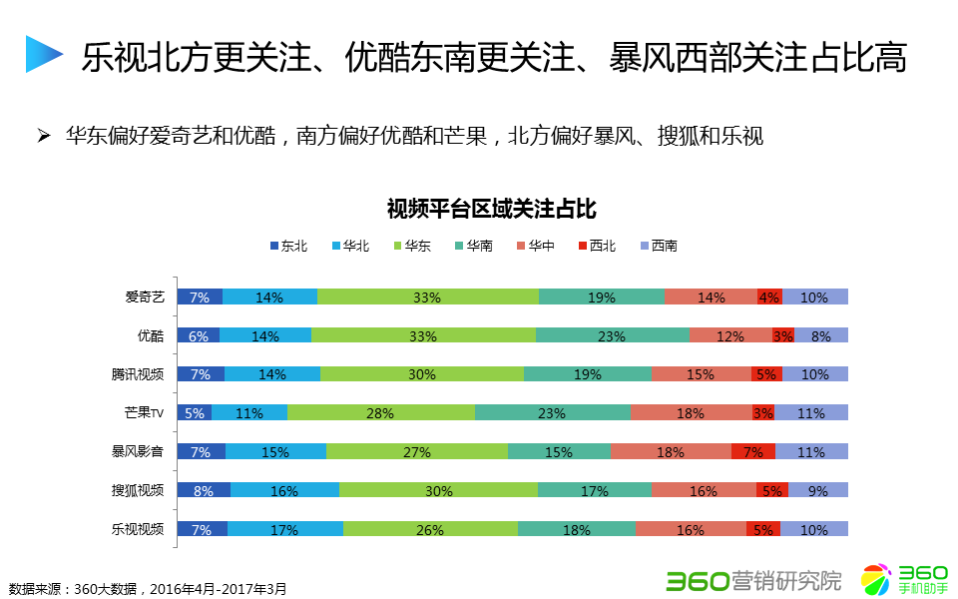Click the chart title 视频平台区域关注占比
click(x=490, y=209)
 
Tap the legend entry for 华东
click(x=411, y=246)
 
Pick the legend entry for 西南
click(x=658, y=246)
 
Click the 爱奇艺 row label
click(x=144, y=297)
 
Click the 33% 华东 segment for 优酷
click(x=423, y=335)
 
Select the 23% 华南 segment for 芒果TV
click(x=552, y=412)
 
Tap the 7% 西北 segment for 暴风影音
click(x=753, y=451)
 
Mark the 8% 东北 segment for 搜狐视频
click(x=204, y=490)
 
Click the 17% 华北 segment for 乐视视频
click(x=284, y=529)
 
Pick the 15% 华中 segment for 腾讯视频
click(x=701, y=374)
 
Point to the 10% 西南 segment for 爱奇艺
click(x=814, y=297)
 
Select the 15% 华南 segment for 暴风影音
click(x=559, y=451)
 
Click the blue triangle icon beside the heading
click(x=43, y=54)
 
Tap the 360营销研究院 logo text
click(x=753, y=579)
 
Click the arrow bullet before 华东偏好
click(x=44, y=135)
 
